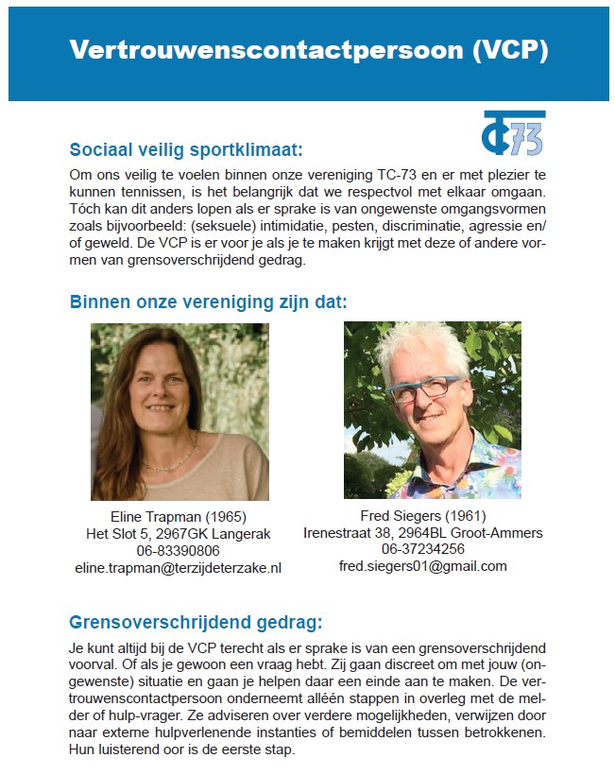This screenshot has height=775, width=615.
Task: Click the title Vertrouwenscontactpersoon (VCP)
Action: pyautogui.click(x=308, y=50)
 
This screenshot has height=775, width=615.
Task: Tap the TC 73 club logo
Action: pyautogui.click(x=513, y=133)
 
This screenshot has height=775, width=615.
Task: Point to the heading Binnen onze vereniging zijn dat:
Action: pyautogui.click(x=209, y=302)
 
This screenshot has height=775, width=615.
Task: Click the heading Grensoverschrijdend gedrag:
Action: pyautogui.click(x=196, y=622)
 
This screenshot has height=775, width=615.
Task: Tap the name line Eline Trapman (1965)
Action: pyautogui.click(x=179, y=517)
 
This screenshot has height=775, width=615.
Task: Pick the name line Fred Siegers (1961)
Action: pyautogui.click(x=422, y=516)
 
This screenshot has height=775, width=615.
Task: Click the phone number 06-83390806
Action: pyautogui.click(x=179, y=551)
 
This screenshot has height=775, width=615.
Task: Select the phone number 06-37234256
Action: pyautogui.click(x=422, y=549)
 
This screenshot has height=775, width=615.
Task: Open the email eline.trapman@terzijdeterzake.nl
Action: pyautogui.click(x=179, y=568)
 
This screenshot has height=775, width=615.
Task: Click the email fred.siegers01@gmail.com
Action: pyautogui.click(x=422, y=566)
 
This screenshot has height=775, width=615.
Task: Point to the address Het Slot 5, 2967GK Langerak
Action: pyautogui.click(x=179, y=534)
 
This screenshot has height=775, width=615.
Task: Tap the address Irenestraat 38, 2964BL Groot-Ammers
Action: pyautogui.click(x=422, y=533)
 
